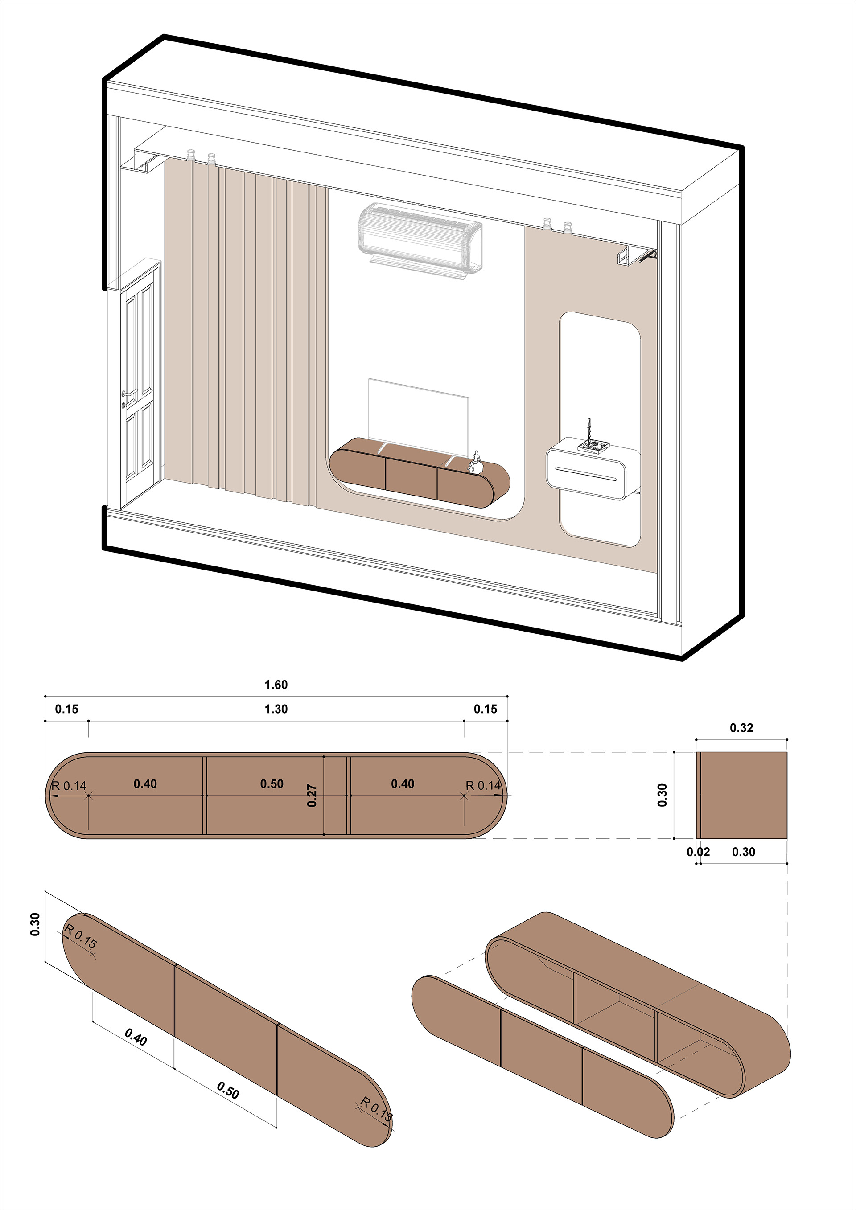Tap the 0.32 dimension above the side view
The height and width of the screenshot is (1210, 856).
741,728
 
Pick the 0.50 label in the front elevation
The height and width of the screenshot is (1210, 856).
272,783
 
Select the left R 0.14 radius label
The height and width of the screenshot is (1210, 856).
69,786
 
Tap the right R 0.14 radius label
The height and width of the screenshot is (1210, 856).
483,786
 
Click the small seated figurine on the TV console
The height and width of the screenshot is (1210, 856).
477,462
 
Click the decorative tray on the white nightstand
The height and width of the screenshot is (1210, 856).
593,447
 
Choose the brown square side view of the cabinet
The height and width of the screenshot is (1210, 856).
743,795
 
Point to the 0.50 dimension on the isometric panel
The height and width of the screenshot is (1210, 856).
228,1089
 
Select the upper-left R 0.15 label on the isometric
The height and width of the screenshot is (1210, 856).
81,936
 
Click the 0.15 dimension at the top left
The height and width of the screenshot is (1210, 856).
66,709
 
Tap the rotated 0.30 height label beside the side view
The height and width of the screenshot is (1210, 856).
663,795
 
